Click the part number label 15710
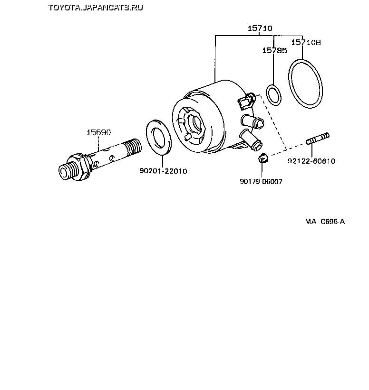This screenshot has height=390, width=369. pos(260,28)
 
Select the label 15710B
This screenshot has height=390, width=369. pos(306,43)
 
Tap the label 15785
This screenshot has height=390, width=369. pos(274,50)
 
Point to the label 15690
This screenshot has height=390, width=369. pos(98,132)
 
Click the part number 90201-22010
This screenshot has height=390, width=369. pos(163,171)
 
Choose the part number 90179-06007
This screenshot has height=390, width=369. pos(261,182)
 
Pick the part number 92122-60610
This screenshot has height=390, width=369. pos(311,161)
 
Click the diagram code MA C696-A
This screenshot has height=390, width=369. pos(325,222)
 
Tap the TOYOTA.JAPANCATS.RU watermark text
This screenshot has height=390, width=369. pos(96,8)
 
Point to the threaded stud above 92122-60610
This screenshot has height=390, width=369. pos(318,139)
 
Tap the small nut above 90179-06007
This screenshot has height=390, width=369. pos(263,158)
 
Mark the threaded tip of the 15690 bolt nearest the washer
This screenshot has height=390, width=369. pos(134,147)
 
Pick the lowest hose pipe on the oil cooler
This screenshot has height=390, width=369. pos(251,140)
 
